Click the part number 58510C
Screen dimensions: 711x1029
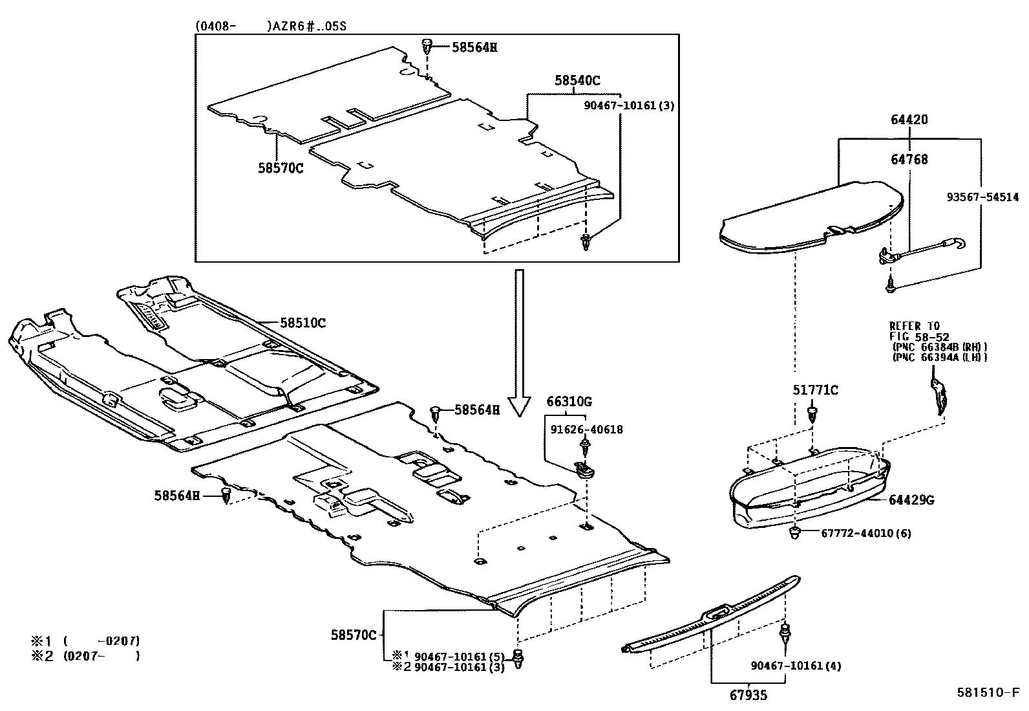click(x=302, y=322)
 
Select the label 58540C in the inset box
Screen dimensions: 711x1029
click(x=577, y=80)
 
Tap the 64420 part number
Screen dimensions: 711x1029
click(x=909, y=120)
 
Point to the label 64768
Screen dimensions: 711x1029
click(x=909, y=159)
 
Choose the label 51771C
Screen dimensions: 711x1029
click(x=815, y=389)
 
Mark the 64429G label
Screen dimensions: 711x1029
click(x=911, y=499)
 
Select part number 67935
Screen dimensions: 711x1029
click(x=750, y=695)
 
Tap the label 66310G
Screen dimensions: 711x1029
click(x=569, y=402)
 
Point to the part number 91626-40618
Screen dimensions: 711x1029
click(x=587, y=429)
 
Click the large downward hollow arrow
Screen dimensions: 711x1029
click(x=518, y=343)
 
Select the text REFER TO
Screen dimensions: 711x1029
click(x=915, y=326)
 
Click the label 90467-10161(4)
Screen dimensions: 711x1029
click(x=796, y=665)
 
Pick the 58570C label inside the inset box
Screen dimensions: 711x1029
click(x=281, y=168)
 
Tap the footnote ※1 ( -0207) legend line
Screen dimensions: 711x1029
click(x=85, y=641)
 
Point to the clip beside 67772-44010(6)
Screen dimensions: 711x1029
click(x=794, y=533)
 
